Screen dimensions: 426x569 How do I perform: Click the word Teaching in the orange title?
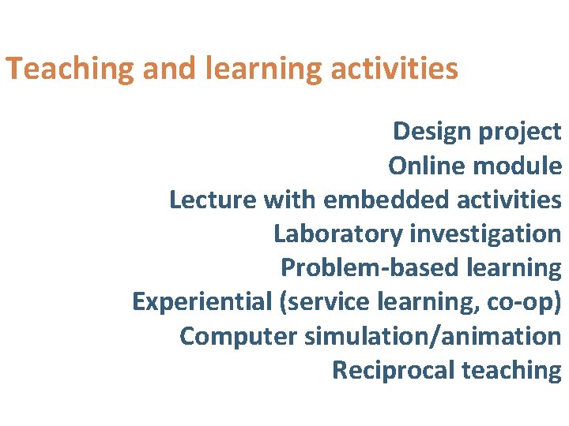70,69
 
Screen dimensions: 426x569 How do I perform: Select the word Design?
432,132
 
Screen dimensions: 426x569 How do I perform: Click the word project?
520,132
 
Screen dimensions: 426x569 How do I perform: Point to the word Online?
427,166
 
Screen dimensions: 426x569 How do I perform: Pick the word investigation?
485,234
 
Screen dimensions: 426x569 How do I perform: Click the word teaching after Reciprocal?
511,370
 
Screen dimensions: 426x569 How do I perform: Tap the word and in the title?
170,69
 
